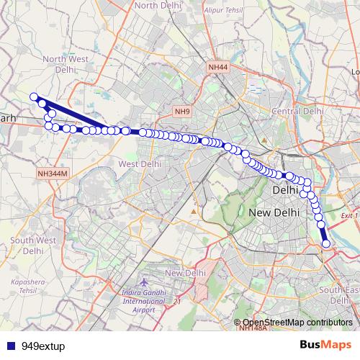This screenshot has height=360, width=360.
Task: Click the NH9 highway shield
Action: click(x=181, y=112)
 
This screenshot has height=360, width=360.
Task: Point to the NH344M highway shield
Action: click(x=52, y=174)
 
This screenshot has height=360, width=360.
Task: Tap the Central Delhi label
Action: click(x=297, y=112)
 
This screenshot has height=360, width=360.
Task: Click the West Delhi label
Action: click(x=139, y=164)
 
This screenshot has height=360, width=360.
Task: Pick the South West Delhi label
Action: click(x=32, y=246)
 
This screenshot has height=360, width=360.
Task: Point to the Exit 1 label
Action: click(x=349, y=215)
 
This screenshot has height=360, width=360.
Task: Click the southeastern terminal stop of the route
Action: click(x=326, y=244)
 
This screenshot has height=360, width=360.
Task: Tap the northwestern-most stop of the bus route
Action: click(x=33, y=96)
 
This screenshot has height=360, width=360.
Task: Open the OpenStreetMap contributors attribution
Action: click(x=297, y=323)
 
